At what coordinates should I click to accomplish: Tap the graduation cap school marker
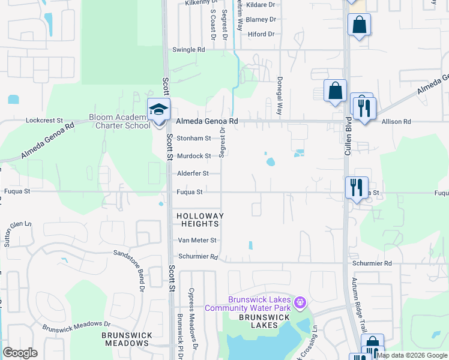[x=159, y=110]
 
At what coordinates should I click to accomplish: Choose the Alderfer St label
[x=192, y=173]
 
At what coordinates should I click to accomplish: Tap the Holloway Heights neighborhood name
[x=199, y=220]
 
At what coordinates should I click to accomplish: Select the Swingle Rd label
[x=188, y=50]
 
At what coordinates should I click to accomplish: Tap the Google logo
[x=20, y=353]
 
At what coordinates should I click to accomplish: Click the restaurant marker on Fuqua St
[x=356, y=188]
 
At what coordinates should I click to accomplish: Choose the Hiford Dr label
[x=261, y=34]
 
